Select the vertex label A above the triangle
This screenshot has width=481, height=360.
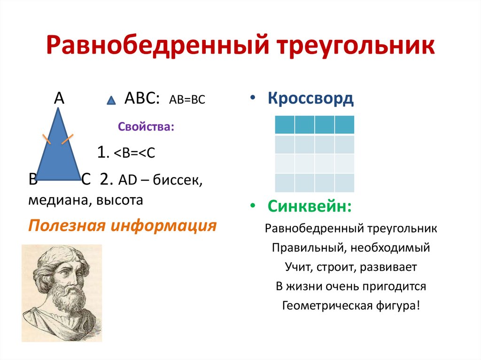tap(59, 99)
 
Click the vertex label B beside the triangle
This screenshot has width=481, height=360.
tap(32, 180)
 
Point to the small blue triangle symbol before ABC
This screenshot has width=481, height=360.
tap(111, 100)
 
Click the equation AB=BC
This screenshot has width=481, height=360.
tap(187, 100)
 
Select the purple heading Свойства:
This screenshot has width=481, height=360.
tap(146, 127)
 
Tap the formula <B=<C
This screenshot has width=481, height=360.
tap(134, 153)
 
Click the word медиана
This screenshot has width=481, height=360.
tap(58, 200)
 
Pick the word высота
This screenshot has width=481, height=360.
tap(119, 200)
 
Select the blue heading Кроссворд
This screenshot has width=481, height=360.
tap(310, 99)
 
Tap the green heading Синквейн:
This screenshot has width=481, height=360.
tap(310, 206)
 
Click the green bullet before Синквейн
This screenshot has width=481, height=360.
tap(252, 206)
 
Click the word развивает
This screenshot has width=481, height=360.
tap(388, 267)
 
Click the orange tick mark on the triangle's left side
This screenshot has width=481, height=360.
tap(47, 139)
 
